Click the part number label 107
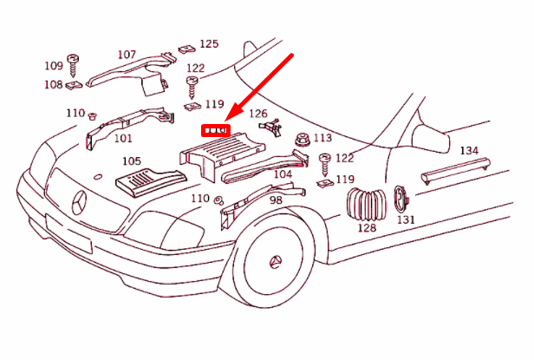(127, 55)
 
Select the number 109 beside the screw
(53, 65)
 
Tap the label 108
(53, 85)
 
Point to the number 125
(209, 43)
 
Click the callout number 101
(123, 138)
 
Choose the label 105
(131, 161)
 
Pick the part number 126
(258, 114)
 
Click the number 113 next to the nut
(322, 138)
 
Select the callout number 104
(283, 174)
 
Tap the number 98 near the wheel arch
(276, 200)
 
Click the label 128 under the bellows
(367, 228)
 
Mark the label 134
(468, 151)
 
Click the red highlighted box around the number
(215, 131)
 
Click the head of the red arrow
(227, 121)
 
